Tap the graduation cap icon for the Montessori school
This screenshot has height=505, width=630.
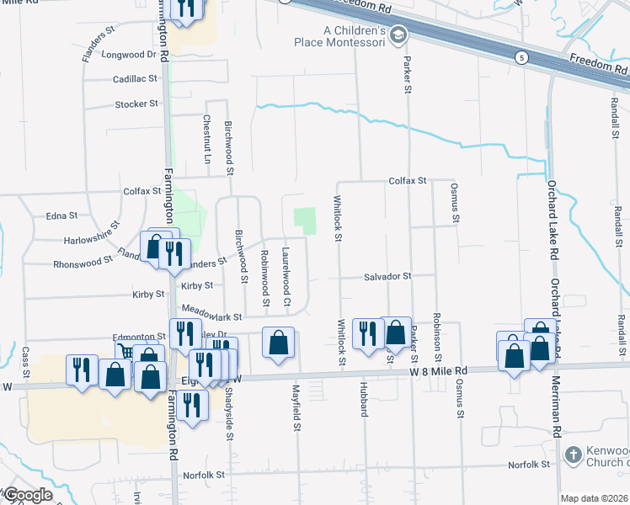(x=398, y=35)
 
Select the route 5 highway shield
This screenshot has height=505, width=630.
(x=523, y=56)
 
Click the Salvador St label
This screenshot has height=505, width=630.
(x=387, y=276)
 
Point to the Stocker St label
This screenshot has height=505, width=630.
(x=136, y=104)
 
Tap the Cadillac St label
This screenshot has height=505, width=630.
(x=136, y=79)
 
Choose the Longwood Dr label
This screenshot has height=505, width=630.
(x=129, y=55)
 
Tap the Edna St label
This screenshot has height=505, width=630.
(x=61, y=216)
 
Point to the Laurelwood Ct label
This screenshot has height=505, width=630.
(x=286, y=278)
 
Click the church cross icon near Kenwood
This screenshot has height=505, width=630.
(x=572, y=454)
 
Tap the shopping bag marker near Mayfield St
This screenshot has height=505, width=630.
(x=279, y=343)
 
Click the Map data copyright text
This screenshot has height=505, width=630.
(x=595, y=498)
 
